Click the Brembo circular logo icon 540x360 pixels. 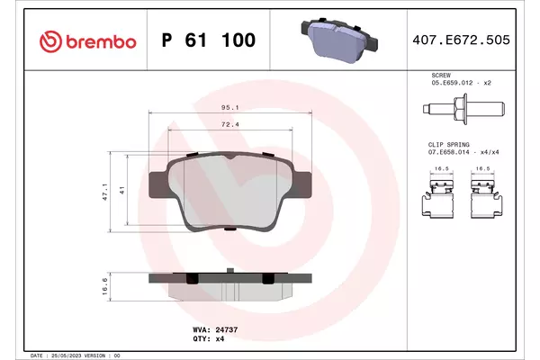tap(50, 41)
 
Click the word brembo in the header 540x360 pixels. tap(101, 42)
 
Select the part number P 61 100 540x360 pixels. tap(209, 40)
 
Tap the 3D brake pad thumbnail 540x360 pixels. tap(339, 40)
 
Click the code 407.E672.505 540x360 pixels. tap(461, 40)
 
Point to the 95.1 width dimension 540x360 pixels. tap(230, 107)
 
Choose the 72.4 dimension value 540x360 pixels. tap(230, 124)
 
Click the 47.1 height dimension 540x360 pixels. tap(105, 192)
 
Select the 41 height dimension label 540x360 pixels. tap(121, 190)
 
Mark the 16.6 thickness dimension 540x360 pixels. tap(104, 286)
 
